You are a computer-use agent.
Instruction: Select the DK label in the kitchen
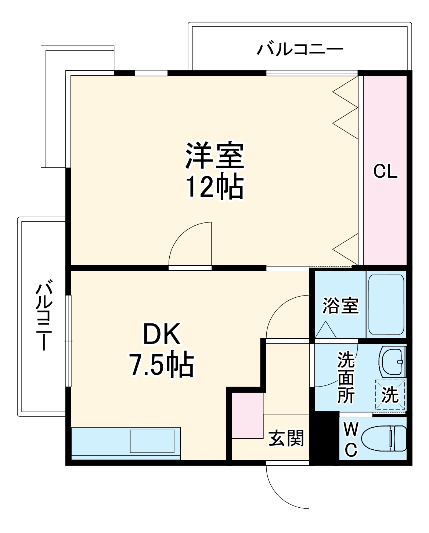click(162, 334)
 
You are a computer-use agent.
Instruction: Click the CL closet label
click(385, 171)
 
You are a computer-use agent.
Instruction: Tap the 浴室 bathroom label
click(340, 305)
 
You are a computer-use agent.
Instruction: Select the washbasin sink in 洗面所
click(392, 362)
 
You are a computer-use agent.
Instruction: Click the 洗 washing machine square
click(390, 395)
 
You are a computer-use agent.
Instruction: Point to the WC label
click(351, 439)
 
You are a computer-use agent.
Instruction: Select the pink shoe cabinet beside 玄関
click(248, 415)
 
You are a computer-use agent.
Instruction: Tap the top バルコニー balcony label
click(300, 49)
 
